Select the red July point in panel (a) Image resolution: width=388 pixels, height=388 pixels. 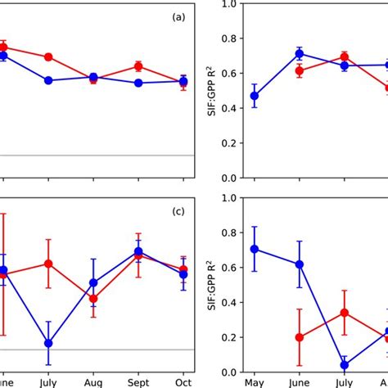coord(48,56)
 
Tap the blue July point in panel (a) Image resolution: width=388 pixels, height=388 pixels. coord(48,80)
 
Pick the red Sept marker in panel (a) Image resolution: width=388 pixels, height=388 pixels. coord(138,66)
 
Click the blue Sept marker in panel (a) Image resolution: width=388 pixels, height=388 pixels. coord(138,83)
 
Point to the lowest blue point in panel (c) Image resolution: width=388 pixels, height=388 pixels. coord(48,343)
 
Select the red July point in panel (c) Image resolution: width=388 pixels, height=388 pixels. coord(48,264)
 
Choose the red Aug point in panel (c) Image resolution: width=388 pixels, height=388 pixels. coord(93,299)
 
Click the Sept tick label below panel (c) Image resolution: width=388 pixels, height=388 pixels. coord(138,382)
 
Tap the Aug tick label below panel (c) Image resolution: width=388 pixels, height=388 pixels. coord(93,382)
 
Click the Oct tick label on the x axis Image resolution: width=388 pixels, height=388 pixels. coord(183,382)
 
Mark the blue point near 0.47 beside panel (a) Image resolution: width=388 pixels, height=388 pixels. coord(254,96)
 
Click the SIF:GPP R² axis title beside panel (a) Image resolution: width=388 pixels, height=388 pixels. coord(214,91)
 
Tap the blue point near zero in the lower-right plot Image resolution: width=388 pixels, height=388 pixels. coord(344,365)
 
